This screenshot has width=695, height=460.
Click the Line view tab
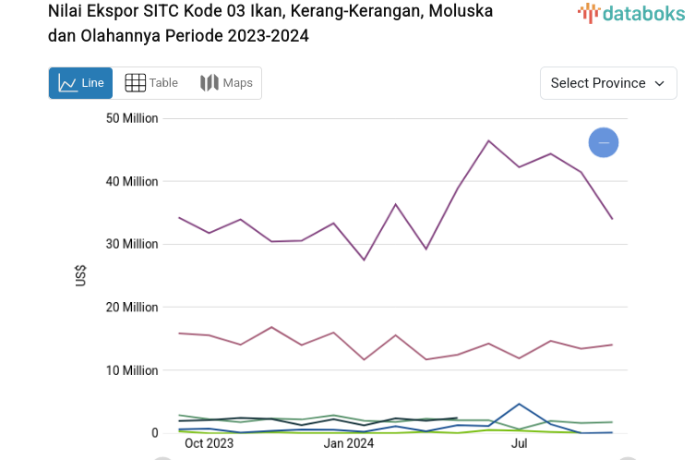click(x=80, y=83)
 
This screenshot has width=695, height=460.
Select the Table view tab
click(x=151, y=83)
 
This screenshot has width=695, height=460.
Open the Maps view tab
click(x=226, y=83)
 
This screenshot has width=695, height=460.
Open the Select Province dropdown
click(x=607, y=83)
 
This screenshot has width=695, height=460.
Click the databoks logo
click(x=631, y=13)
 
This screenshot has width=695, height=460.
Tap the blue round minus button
click(x=604, y=142)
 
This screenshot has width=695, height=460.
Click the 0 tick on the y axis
click(x=154, y=432)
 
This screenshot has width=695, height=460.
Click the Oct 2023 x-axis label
click(x=209, y=443)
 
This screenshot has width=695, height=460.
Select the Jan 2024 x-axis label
click(x=348, y=443)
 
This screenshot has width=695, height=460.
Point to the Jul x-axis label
click(x=520, y=443)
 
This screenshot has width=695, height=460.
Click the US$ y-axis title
click(x=80, y=275)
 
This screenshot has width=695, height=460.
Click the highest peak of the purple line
click(x=488, y=140)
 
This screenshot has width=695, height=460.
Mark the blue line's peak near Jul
click(x=520, y=404)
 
